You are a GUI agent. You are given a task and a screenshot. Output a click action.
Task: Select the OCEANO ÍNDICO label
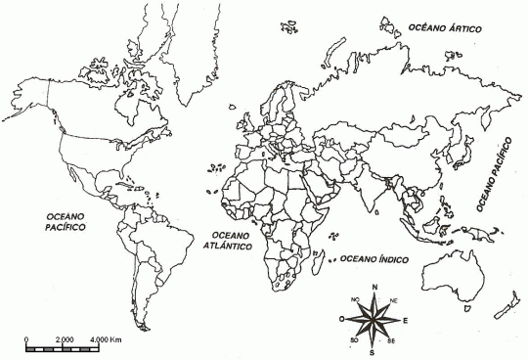point(374,258)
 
